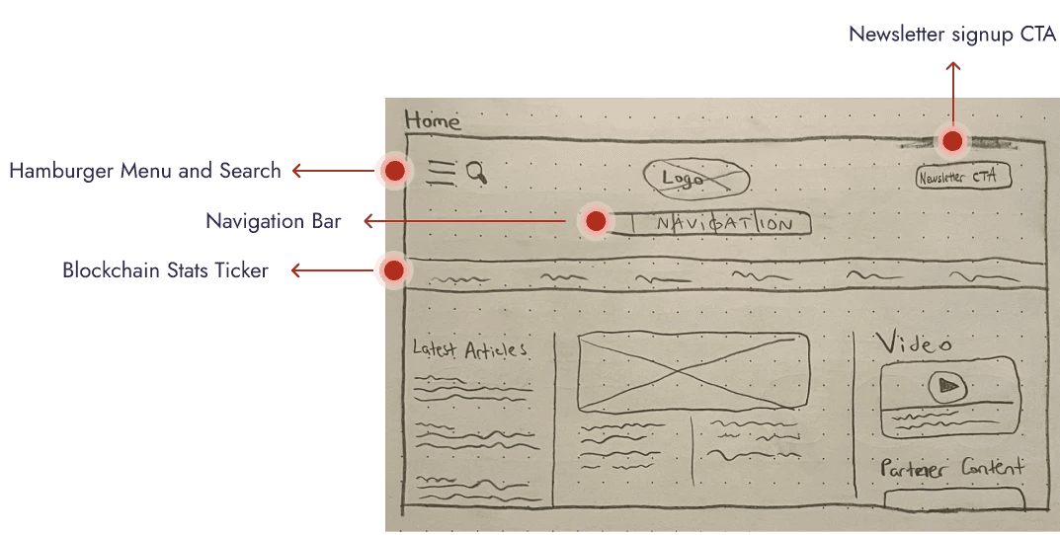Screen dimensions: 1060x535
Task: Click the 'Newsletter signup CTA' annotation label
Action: point(952,35)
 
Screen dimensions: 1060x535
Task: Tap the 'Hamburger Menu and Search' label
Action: point(145,171)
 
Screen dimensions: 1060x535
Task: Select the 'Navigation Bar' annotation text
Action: point(274,221)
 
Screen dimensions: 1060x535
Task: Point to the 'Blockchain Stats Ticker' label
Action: point(165,269)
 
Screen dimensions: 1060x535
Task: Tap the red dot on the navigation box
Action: point(595,221)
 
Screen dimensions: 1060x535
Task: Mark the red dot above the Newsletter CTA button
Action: point(952,141)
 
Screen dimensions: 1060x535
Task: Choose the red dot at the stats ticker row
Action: point(393,269)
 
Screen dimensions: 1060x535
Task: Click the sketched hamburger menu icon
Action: point(442,173)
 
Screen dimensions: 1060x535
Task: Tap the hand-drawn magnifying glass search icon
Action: point(476,173)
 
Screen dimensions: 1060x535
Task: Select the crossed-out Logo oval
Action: point(695,179)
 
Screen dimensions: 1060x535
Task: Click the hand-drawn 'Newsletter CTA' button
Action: point(963,178)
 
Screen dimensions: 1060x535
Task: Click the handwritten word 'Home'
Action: point(433,121)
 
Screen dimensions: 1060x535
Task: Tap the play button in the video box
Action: point(948,386)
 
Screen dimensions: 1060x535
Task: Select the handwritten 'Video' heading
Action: point(915,344)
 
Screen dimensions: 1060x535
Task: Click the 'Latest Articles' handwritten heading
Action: point(469,349)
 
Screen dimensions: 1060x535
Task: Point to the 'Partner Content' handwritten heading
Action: point(952,468)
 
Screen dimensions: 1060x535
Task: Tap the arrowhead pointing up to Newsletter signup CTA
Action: point(952,66)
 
